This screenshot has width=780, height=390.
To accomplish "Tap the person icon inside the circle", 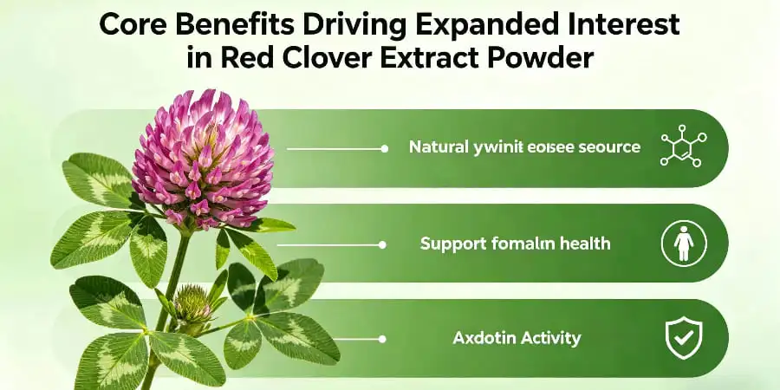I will pyautogui.click(x=684, y=244).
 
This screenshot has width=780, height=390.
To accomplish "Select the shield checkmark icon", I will pyautogui.click(x=684, y=338).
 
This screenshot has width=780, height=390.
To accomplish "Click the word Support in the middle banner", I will pyautogui.click(x=452, y=244).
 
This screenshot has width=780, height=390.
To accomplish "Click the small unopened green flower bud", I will pyautogui.click(x=192, y=303).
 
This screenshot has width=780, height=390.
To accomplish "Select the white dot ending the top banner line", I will pyautogui.click(x=384, y=148).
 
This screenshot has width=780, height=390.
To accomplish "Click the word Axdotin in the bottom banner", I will pyautogui.click(x=484, y=338).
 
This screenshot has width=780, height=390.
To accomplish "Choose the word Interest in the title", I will pyautogui.click(x=630, y=24).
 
